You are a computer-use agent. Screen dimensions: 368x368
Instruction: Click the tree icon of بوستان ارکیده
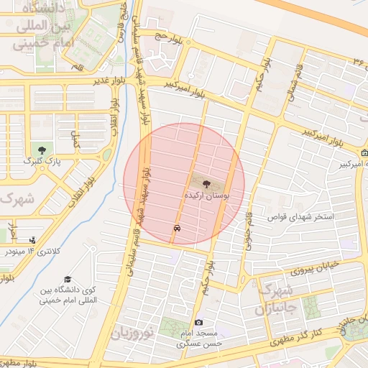point(207,183)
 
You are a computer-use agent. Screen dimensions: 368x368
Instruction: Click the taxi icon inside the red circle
point(176,227)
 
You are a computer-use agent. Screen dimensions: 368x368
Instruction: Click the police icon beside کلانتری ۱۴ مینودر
point(32,240)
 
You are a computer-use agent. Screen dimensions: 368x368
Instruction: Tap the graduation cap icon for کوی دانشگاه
point(68,279)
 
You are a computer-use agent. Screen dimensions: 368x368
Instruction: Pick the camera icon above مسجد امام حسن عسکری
point(198,323)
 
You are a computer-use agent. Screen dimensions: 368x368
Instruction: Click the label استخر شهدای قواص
point(302,216)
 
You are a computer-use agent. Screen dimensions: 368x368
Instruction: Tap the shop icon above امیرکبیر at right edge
point(364,152)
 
